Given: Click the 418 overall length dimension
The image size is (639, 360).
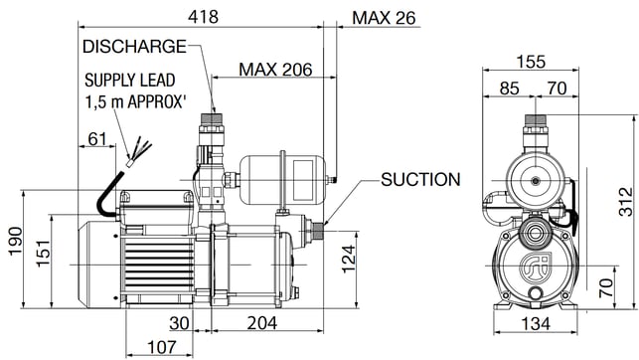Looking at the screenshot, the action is click(x=203, y=17).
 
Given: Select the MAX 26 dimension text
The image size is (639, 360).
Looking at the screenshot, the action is click(x=384, y=18).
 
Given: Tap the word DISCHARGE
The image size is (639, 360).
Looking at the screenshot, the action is click(x=134, y=47).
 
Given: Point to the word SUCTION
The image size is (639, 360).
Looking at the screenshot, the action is click(x=420, y=179).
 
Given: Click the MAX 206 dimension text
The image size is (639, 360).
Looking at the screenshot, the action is click(x=275, y=70).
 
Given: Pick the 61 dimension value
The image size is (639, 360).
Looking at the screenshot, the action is click(x=97, y=139).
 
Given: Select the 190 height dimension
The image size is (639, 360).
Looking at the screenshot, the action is click(x=16, y=242).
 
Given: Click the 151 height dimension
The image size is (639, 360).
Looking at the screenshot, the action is click(x=43, y=254).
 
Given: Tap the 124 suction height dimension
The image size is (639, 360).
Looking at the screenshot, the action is click(x=348, y=259).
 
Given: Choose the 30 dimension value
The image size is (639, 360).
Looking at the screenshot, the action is click(x=179, y=323).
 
